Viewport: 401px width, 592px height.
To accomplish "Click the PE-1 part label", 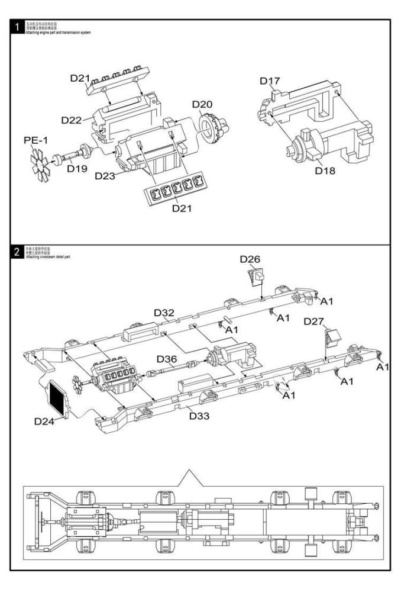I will (x=37, y=140).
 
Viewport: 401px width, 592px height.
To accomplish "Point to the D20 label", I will (x=202, y=104).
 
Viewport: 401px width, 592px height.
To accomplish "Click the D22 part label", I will (x=72, y=120).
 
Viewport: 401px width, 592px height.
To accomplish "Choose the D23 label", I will (x=105, y=176).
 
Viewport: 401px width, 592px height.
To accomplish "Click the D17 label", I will (x=269, y=81).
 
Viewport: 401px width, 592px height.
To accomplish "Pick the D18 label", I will (x=325, y=170).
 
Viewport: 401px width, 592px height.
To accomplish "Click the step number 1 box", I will (x=18, y=27).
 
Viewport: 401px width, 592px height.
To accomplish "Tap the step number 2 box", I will (x=18, y=251).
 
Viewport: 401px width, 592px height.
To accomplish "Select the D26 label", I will (x=250, y=259).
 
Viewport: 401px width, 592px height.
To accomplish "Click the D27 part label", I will (x=313, y=321).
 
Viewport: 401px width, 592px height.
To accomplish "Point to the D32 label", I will (x=164, y=313).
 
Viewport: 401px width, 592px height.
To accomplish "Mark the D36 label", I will (x=167, y=359).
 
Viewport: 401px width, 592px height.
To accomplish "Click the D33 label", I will (x=199, y=416).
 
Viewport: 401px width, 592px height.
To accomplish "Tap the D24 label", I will (x=44, y=422).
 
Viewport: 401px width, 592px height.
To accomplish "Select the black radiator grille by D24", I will (x=58, y=397).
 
